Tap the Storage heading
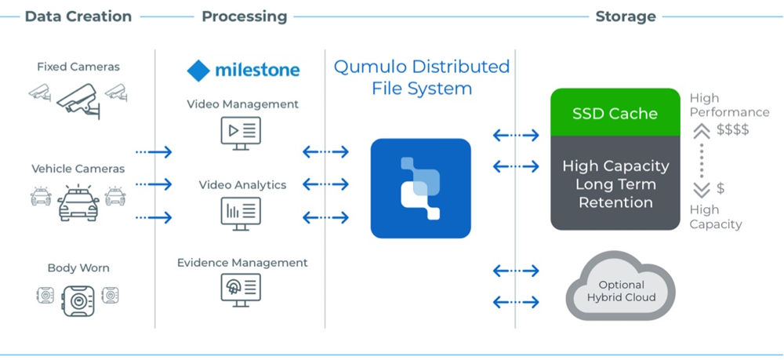[x=626, y=16]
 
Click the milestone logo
[x=243, y=70]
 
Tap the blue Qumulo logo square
[x=420, y=188]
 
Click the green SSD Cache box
[x=614, y=113]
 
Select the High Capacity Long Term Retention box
[x=614, y=184]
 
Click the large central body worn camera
[x=78, y=299]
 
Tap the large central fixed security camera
[x=78, y=100]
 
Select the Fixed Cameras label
[x=78, y=67]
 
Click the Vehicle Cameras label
[x=78, y=169]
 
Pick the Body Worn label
[x=78, y=267]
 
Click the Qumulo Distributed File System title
[x=421, y=77]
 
